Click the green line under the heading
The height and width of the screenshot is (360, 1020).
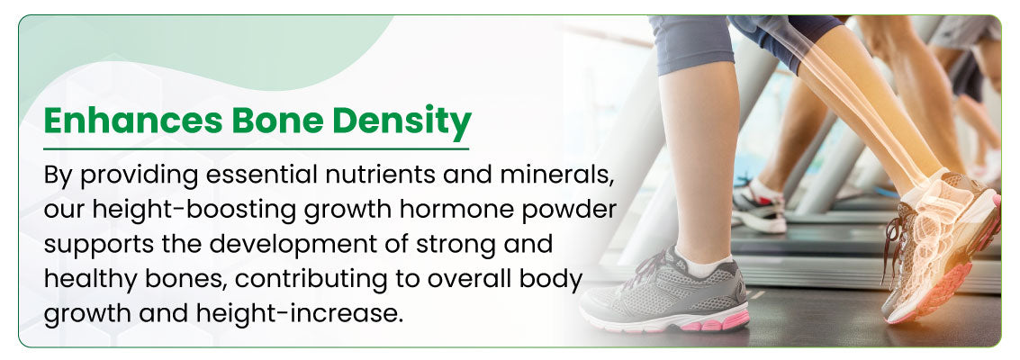[x=257, y=148]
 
